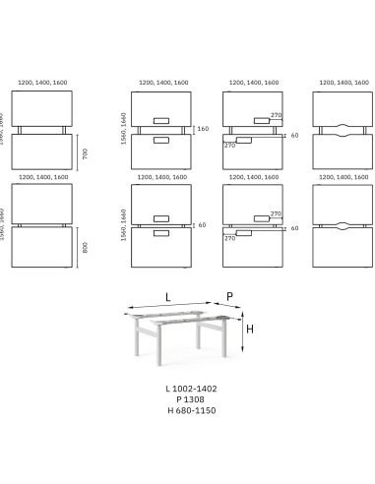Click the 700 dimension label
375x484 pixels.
point(85,152)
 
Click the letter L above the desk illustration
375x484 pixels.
point(168,296)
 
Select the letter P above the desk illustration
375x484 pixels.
point(229,296)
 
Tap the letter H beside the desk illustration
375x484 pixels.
point(250,330)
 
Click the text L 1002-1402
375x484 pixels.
point(191,389)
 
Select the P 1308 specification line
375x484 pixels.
point(191,399)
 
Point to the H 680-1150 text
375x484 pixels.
point(191,410)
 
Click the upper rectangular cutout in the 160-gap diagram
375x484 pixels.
point(161,121)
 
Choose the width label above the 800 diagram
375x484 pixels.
point(40,178)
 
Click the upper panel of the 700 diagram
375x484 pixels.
point(40,107)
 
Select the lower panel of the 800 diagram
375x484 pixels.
point(40,246)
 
